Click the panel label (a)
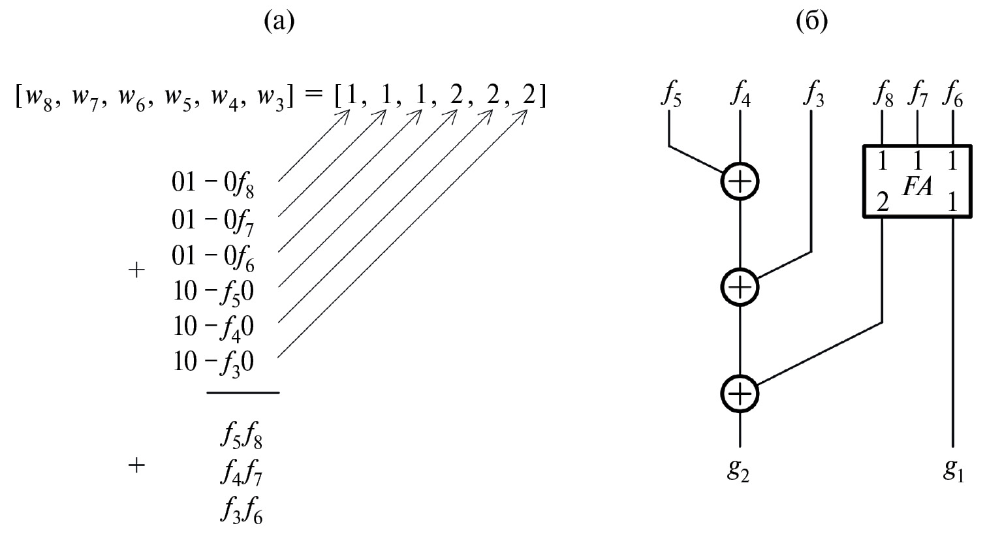(279, 22)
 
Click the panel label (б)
(811, 22)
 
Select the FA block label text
(917, 187)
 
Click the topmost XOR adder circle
(740, 181)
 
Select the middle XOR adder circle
(740, 287)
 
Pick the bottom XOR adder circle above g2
(740, 394)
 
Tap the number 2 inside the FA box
(882, 202)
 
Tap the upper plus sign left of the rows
(136, 270)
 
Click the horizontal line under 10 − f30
(243, 392)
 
